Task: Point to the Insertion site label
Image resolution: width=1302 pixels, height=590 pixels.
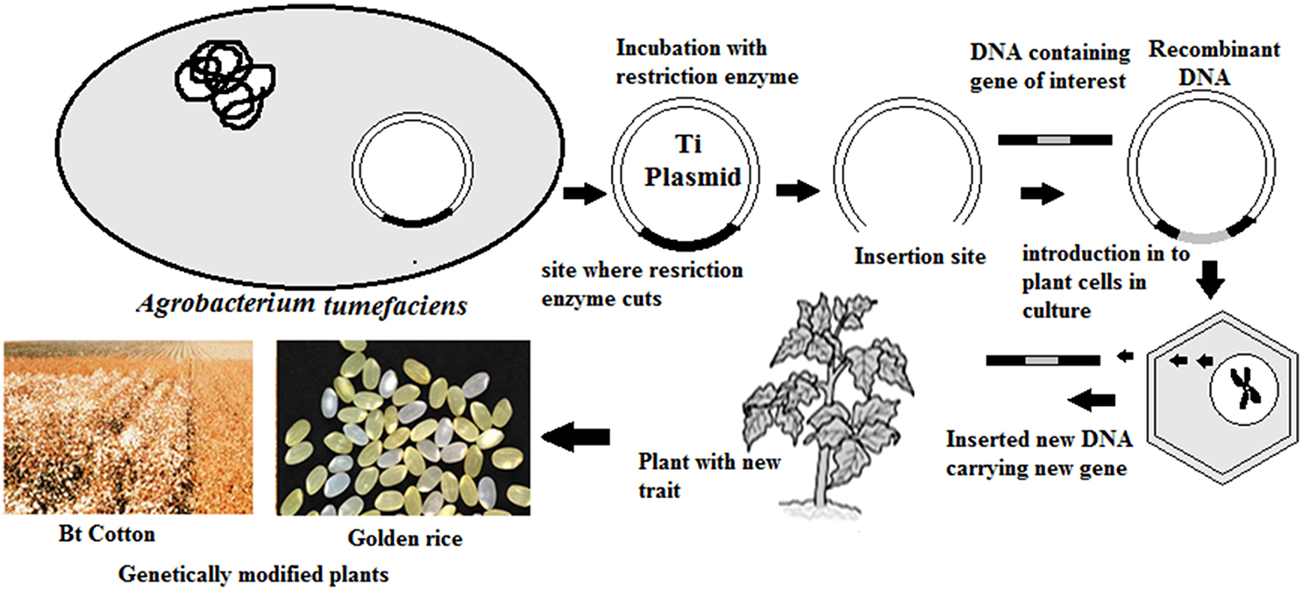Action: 921,257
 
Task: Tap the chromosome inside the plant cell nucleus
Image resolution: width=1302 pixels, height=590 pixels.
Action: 1242,388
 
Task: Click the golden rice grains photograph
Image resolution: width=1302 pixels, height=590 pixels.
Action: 404,427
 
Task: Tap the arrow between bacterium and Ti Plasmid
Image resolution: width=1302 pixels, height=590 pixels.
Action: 584,195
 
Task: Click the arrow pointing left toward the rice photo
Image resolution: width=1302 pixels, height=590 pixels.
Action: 576,436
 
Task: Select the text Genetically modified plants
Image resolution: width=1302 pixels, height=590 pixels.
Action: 253,575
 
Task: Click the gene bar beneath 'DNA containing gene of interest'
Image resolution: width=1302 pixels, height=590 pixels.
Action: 1056,139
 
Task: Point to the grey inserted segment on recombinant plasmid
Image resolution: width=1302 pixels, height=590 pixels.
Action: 1202,236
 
